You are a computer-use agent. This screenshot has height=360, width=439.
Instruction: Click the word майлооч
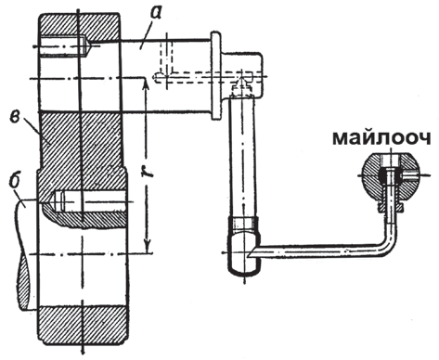[381, 139]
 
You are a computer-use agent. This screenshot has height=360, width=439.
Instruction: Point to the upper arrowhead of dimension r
[148, 84]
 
